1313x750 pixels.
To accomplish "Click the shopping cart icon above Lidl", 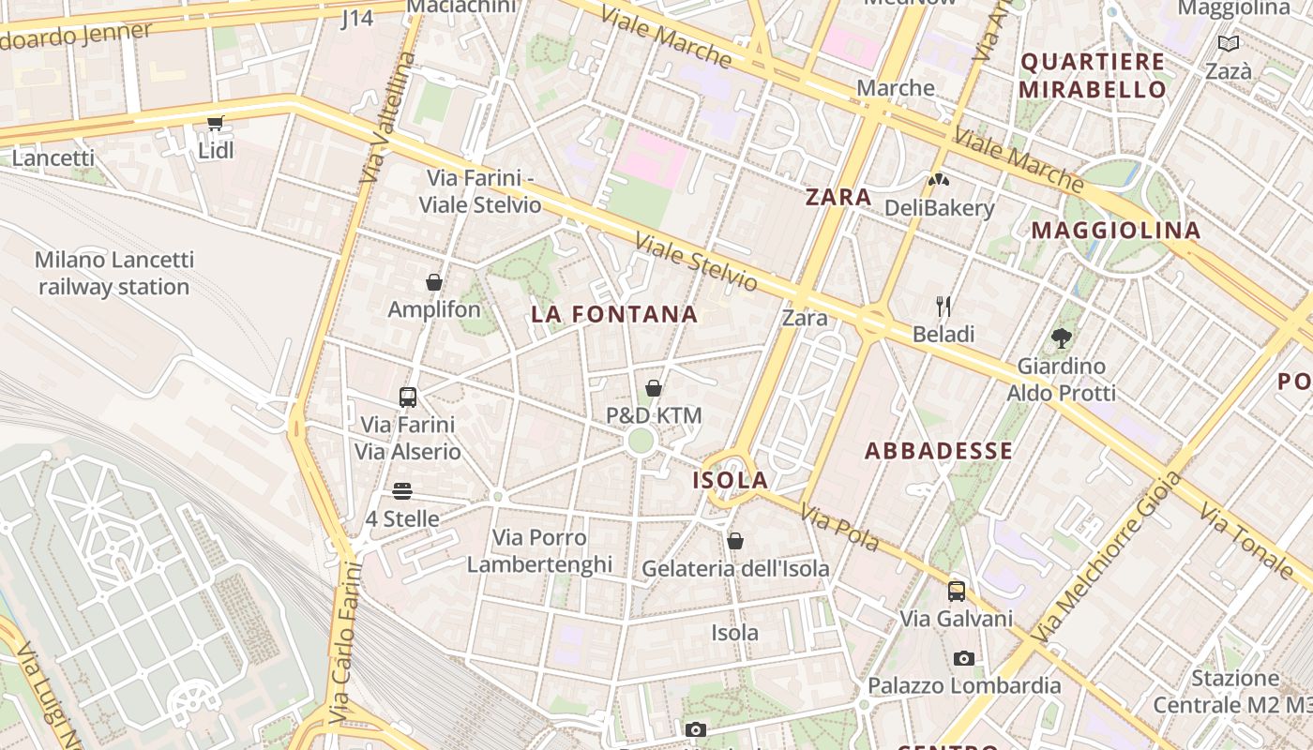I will [x=216, y=123].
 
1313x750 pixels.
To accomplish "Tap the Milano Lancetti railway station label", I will [x=114, y=273].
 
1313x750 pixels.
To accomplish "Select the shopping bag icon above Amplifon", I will [x=434, y=282].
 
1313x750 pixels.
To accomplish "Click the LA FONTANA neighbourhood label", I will [x=614, y=314].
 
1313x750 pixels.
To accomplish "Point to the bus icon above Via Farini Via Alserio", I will [x=408, y=397].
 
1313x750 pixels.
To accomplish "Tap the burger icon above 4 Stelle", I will [x=402, y=491].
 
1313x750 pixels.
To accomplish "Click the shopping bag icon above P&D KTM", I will [x=654, y=388].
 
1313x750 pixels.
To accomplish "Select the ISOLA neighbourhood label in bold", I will [x=731, y=480].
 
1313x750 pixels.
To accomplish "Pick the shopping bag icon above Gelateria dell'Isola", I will [x=735, y=541].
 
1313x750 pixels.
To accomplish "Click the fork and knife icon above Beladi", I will [x=943, y=306].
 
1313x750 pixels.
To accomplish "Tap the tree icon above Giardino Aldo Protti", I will [x=1062, y=338].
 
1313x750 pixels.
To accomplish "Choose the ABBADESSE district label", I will [x=939, y=451].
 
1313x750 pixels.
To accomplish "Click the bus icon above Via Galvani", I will [x=957, y=592].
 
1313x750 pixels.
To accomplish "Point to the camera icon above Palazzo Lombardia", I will [x=964, y=658].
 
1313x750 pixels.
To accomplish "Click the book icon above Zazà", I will [x=1228, y=44].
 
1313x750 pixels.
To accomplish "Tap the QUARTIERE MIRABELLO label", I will [x=1093, y=76].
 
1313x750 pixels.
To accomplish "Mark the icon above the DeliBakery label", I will [x=939, y=180].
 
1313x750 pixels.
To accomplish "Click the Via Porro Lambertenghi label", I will [x=539, y=551].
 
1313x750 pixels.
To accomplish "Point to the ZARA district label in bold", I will [x=838, y=197].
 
